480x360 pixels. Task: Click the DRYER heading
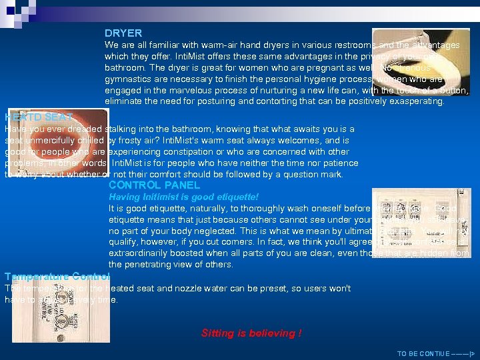(123, 33)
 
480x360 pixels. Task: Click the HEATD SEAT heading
(39, 117)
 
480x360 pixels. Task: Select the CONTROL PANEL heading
(154, 185)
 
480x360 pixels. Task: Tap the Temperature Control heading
(57, 276)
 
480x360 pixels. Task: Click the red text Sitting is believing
(251, 333)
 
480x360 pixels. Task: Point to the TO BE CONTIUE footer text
(435, 353)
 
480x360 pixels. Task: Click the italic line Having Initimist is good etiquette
(183, 197)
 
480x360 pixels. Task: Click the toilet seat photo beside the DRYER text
(420, 61)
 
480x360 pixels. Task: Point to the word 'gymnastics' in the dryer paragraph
(127, 79)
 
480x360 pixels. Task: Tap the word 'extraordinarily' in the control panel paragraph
(141, 253)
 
